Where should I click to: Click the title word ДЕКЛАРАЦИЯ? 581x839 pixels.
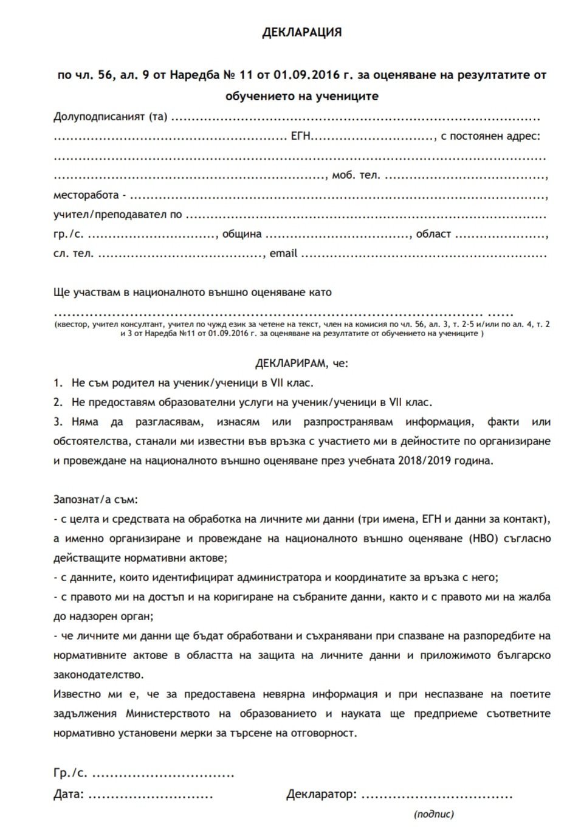tap(302, 33)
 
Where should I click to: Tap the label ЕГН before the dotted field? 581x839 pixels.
tap(301, 136)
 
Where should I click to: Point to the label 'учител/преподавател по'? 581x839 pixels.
tap(117, 215)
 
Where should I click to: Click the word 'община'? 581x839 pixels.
tap(242, 234)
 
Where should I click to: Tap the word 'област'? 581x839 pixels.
tap(433, 234)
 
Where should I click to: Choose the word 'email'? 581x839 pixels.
tap(283, 253)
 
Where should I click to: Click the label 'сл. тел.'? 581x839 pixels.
tap(73, 254)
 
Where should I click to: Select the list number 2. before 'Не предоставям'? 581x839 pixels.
tap(58, 402)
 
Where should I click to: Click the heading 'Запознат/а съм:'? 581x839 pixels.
tap(96, 500)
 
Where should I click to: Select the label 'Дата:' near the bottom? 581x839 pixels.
tap(68, 794)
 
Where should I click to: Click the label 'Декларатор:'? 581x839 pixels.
tap(320, 794)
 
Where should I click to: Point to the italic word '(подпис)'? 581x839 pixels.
tap(434, 814)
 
